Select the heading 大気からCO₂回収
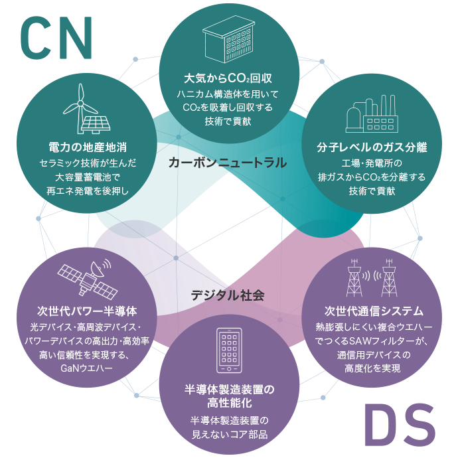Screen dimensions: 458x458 click(x=229, y=77)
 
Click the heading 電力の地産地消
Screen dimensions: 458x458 click(x=88, y=145)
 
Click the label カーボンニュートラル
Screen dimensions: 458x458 click(x=227, y=162)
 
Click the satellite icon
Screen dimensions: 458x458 click(x=84, y=275)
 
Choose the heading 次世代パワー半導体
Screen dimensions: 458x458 click(x=88, y=311)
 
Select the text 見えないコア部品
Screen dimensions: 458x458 click(x=229, y=434)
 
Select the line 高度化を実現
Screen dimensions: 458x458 click(x=372, y=368)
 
